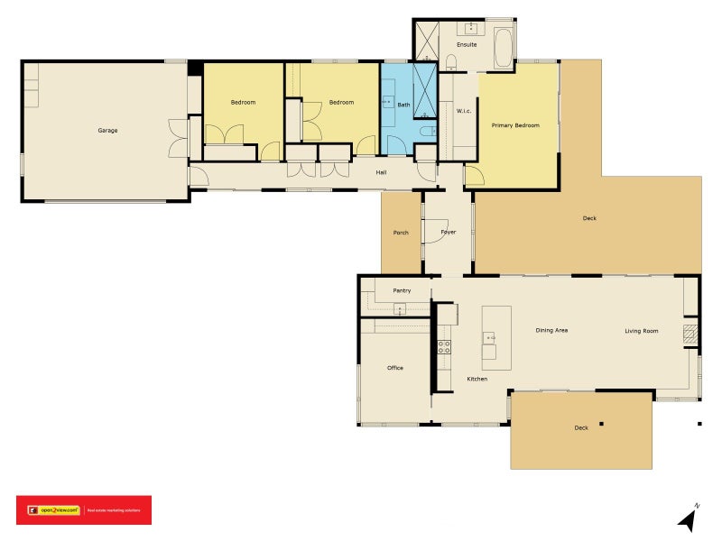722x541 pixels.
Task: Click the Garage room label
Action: tap(107, 131)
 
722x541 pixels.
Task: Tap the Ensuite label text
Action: tap(467, 44)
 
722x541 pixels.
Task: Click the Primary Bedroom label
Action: tap(515, 125)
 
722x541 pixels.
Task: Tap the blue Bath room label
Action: tap(403, 105)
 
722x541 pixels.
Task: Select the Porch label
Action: tap(401, 233)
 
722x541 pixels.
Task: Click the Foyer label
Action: tap(449, 233)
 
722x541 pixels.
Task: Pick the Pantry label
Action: tap(402, 290)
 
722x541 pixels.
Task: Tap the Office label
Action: tap(395, 368)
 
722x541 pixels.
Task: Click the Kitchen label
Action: tap(477, 379)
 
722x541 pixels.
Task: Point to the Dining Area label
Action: tap(551, 331)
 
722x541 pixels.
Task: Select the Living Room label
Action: tap(642, 331)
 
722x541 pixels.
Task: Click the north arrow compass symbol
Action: tap(689, 518)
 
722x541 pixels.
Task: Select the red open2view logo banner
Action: tap(84, 510)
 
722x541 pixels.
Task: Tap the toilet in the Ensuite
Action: tap(452, 61)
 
